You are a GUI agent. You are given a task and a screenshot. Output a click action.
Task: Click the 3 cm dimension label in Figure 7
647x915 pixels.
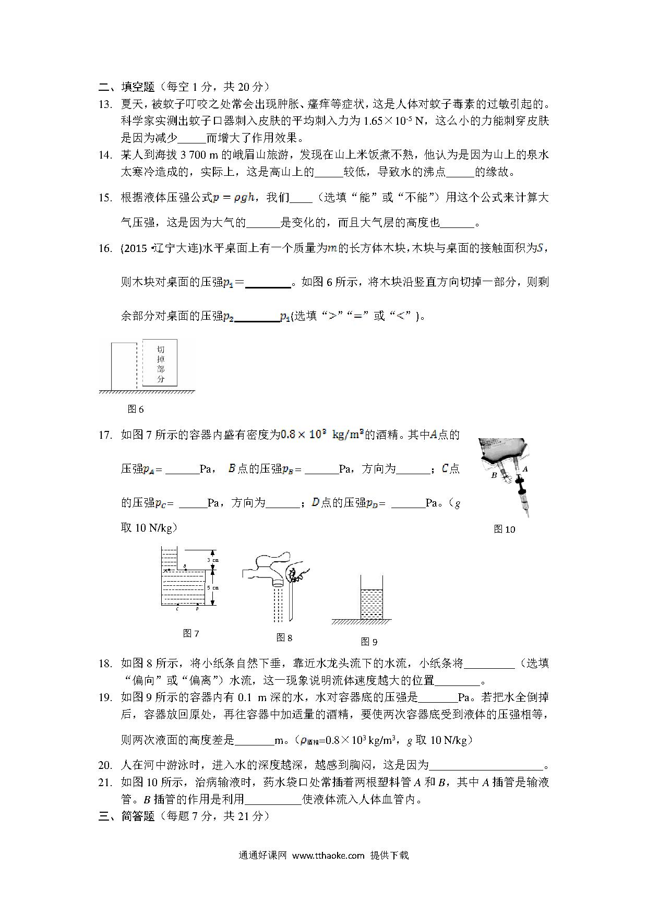click(x=212, y=560)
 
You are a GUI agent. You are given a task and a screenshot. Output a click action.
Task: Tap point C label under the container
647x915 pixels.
click(x=177, y=608)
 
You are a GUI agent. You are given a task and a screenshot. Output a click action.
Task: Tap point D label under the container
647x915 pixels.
click(x=197, y=608)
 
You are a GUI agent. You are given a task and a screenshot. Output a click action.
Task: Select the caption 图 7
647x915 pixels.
click(x=191, y=633)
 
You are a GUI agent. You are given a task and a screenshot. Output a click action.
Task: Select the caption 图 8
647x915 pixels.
click(x=284, y=637)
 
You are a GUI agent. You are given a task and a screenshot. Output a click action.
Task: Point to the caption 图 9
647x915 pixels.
click(x=369, y=642)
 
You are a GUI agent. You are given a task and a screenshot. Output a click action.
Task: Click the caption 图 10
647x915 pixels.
click(x=504, y=529)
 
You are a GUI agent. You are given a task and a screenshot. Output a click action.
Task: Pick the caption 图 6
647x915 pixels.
click(x=136, y=409)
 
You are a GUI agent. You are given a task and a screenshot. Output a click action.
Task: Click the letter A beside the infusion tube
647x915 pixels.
click(x=525, y=468)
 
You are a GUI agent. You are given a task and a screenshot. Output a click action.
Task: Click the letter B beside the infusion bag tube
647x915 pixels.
click(x=494, y=475)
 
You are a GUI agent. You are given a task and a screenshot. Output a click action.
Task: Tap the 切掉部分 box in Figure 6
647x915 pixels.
click(x=160, y=363)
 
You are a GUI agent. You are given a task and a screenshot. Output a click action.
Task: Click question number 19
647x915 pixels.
click(x=105, y=697)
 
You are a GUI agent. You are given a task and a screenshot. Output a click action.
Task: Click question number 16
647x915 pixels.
click(x=105, y=248)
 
